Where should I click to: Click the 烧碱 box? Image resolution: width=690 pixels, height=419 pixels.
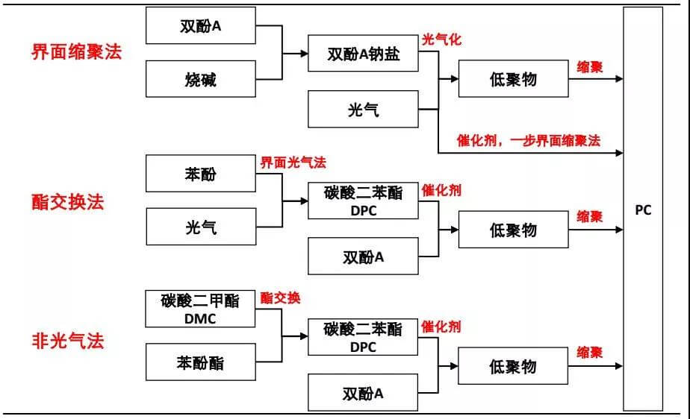click(200, 79)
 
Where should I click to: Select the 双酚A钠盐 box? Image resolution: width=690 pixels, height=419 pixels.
click(363, 54)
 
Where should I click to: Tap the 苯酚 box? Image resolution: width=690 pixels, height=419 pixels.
click(200, 174)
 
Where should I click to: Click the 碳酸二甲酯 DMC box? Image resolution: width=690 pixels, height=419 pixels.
click(200, 309)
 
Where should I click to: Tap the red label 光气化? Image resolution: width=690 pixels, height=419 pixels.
click(441, 40)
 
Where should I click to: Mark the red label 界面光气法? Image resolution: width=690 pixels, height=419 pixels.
click(293, 162)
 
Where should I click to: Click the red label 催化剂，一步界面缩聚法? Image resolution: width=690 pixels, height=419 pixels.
click(529, 140)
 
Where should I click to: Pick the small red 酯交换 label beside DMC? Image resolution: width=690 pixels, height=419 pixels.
click(280, 298)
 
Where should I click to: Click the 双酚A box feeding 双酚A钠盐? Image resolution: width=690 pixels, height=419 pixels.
click(200, 25)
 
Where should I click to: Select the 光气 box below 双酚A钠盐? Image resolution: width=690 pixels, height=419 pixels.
click(363, 109)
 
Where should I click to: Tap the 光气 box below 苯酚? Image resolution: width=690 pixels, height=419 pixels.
click(200, 227)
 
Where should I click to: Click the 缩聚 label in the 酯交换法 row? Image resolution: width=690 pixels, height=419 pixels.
click(590, 216)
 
